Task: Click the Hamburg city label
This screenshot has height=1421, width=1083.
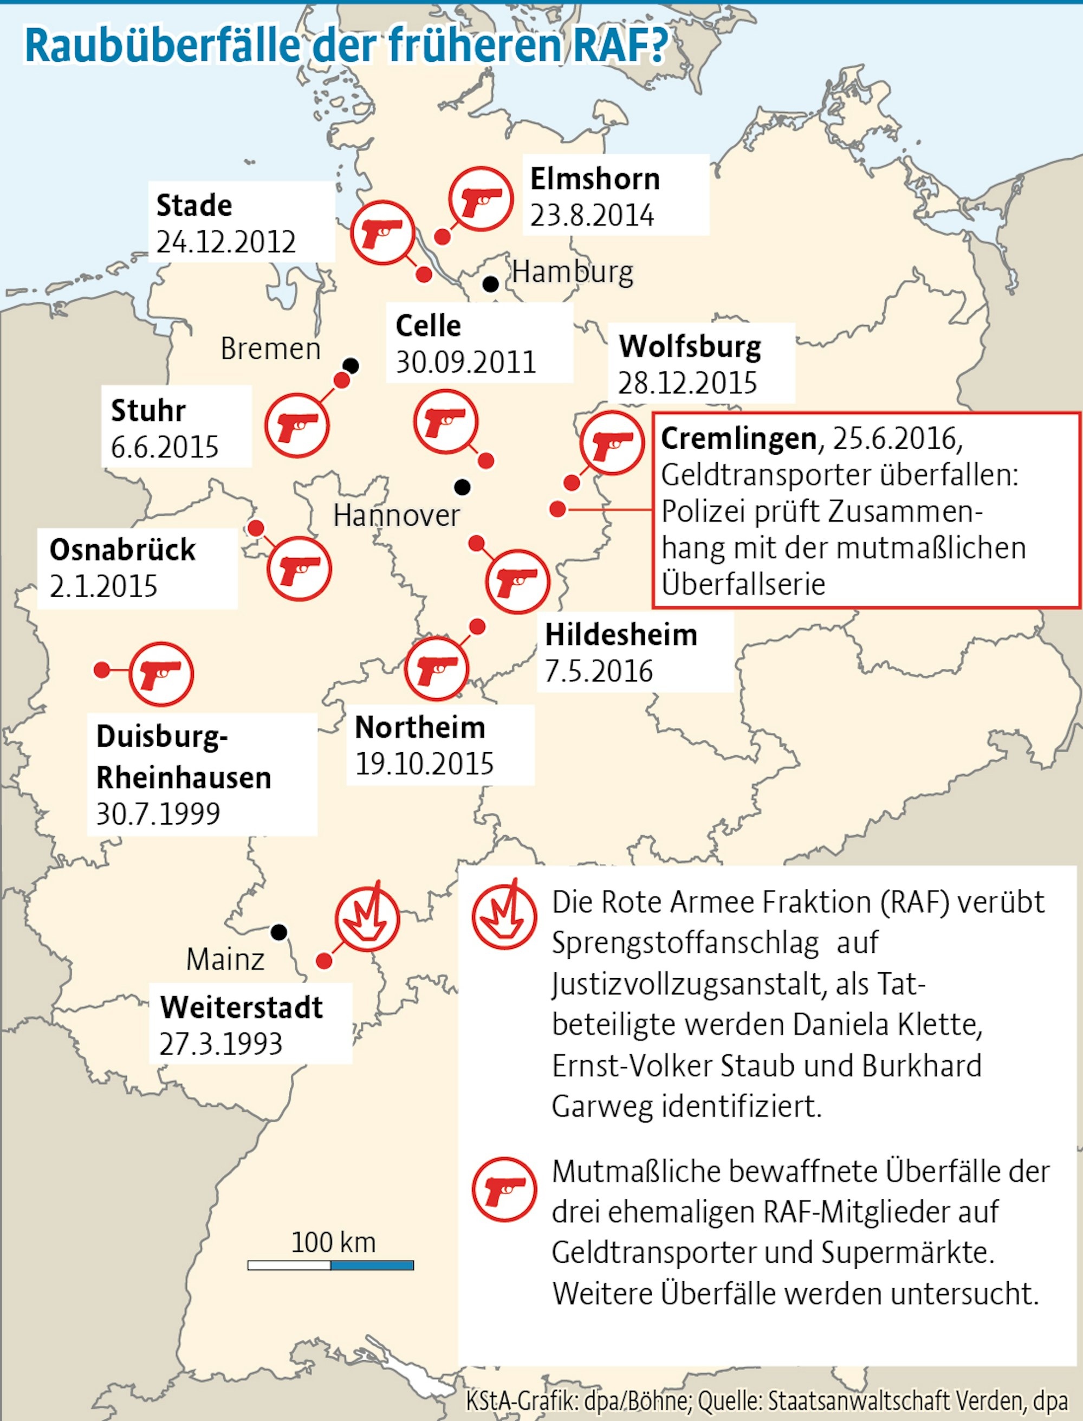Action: (573, 273)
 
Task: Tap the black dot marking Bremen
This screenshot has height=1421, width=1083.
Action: (351, 366)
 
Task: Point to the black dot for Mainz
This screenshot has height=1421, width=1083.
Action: (278, 932)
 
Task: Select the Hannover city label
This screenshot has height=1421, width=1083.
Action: (397, 515)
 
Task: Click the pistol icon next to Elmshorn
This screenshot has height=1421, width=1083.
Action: (481, 198)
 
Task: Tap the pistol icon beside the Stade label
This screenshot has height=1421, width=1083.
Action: (382, 232)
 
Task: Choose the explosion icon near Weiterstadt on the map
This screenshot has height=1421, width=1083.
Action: (367, 919)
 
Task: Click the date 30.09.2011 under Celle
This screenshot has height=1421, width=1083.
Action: (465, 363)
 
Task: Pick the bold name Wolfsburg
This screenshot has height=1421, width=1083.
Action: (690, 346)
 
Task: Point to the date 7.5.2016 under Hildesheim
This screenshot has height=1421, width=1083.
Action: (599, 671)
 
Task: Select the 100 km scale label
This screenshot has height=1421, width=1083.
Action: (333, 1241)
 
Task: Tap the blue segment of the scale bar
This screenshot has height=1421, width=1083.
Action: (372, 1265)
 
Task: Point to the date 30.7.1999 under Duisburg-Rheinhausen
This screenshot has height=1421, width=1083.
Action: (158, 813)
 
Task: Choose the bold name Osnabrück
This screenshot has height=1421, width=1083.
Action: (122, 550)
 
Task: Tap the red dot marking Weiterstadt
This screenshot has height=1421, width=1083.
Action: (325, 961)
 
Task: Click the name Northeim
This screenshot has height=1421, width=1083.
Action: (420, 727)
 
